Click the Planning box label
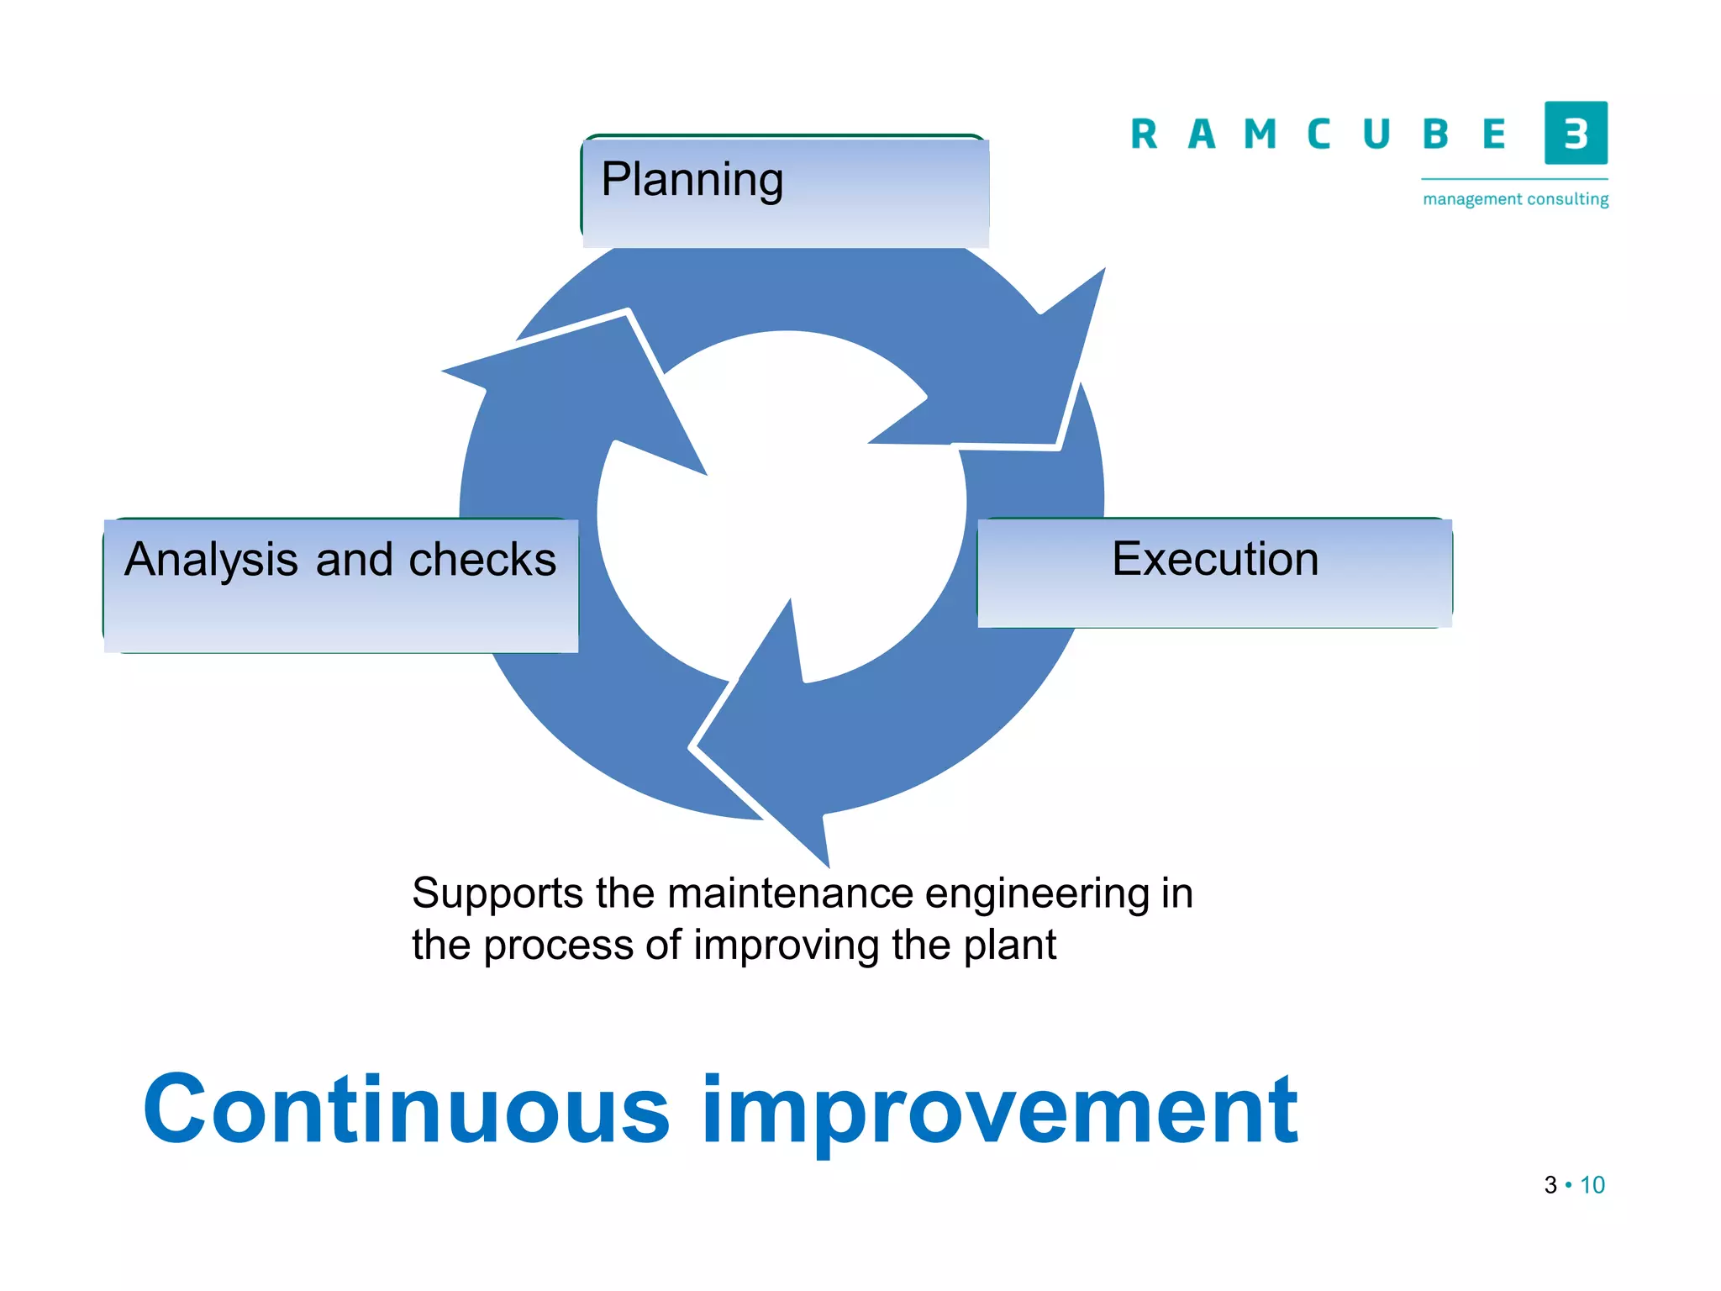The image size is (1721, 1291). (x=692, y=179)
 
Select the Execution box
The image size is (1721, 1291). (x=1214, y=572)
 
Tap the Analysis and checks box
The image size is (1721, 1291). (x=340, y=585)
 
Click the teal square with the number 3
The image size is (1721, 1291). (x=1576, y=133)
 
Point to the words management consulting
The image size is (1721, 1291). (x=1515, y=199)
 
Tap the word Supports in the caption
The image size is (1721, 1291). (x=497, y=893)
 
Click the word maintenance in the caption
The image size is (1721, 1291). (x=790, y=893)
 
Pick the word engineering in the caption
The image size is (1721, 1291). (x=1036, y=894)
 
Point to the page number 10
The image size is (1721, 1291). (x=1592, y=1185)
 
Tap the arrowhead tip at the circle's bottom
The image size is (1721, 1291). (x=827, y=862)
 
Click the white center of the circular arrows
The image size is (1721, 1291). (x=782, y=513)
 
